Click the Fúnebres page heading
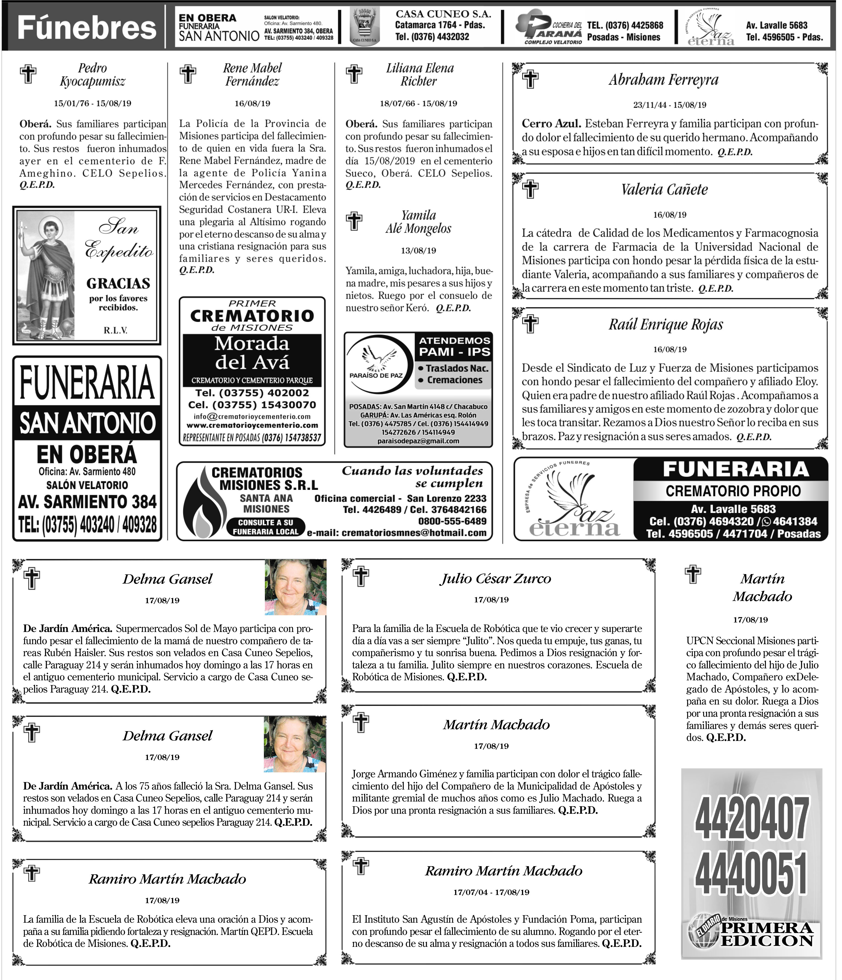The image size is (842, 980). (87, 27)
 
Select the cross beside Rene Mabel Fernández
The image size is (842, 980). (188, 74)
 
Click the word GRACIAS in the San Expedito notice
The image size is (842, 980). (118, 283)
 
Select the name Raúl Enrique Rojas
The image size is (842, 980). (666, 324)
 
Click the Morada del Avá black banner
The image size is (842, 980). (252, 353)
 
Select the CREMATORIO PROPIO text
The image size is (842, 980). (733, 491)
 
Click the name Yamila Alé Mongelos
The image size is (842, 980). (418, 222)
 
